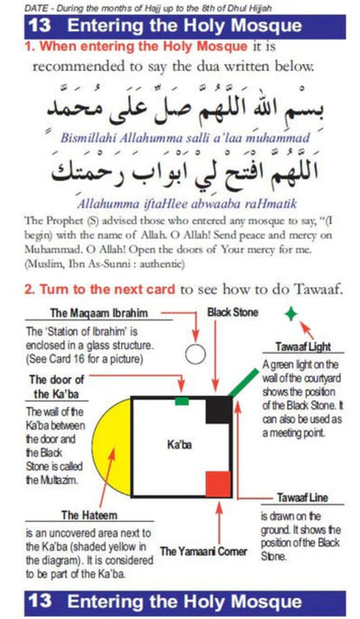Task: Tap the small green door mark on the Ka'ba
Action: coord(182,401)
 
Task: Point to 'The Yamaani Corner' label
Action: coord(204,551)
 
